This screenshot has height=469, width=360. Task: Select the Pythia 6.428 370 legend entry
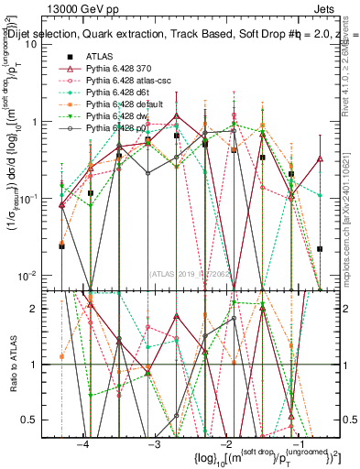tap(115, 70)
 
